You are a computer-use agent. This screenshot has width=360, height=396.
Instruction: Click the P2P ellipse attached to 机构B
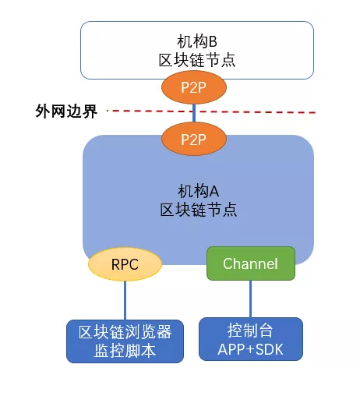pyautogui.click(x=194, y=87)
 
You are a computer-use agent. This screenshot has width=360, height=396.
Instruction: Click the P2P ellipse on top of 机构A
pyautogui.click(x=194, y=139)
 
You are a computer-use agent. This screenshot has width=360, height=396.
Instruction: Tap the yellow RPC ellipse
pyautogui.click(x=125, y=264)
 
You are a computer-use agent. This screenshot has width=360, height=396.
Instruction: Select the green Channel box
pyautogui.click(x=251, y=263)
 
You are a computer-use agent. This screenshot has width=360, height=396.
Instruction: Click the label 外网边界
pyautogui.click(x=66, y=111)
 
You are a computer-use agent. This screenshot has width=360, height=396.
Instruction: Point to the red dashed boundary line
pyautogui.click(x=211, y=111)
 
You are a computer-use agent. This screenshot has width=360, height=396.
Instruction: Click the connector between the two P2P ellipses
pyautogui.click(x=194, y=113)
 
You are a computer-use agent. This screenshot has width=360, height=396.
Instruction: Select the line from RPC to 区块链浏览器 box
pyautogui.click(x=125, y=300)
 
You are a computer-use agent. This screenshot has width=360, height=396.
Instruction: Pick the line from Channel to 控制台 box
pyautogui.click(x=250, y=299)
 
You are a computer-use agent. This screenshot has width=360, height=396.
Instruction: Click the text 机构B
pyautogui.click(x=197, y=41)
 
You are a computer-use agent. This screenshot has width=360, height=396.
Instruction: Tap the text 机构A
pyautogui.click(x=198, y=191)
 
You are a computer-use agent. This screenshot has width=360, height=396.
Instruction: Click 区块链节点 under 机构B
pyautogui.click(x=197, y=60)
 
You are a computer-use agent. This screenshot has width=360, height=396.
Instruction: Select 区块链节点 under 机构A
pyautogui.click(x=199, y=210)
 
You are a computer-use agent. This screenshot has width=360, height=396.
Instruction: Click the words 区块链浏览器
pyautogui.click(x=125, y=332)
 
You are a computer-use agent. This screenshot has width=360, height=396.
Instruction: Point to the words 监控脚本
pyautogui.click(x=125, y=351)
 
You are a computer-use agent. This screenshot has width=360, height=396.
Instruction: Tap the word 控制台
pyautogui.click(x=250, y=331)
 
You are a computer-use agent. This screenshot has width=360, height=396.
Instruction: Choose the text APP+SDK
pyautogui.click(x=250, y=349)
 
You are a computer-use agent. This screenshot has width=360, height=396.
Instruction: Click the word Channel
pyautogui.click(x=250, y=263)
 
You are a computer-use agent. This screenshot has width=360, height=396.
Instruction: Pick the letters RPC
pyautogui.click(x=125, y=264)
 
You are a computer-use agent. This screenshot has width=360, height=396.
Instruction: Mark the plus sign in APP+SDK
pyautogui.click(x=250, y=350)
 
